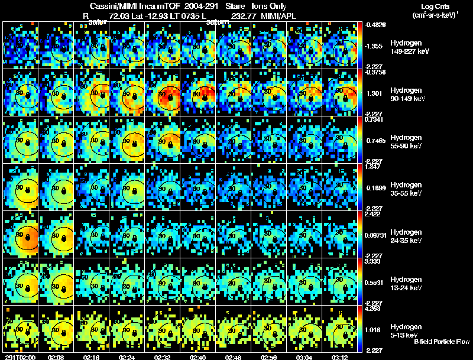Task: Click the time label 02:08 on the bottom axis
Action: pyautogui.click(x=57, y=356)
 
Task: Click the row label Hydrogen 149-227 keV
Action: pyautogui.click(x=409, y=47)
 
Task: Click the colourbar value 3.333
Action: pyautogui.click(x=373, y=261)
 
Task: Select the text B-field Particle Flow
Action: pyautogui.click(x=442, y=342)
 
